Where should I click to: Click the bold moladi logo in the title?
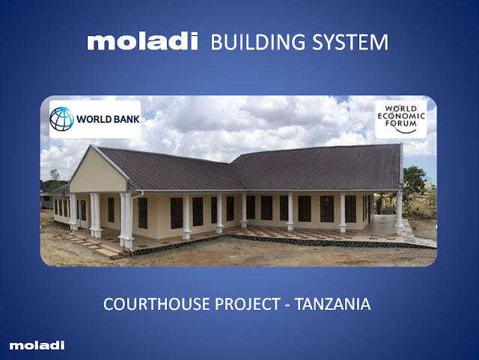(142, 41)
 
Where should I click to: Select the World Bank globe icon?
(61, 119)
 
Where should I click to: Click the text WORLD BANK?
(108, 119)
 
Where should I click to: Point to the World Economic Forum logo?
(401, 119)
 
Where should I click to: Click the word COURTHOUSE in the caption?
(157, 304)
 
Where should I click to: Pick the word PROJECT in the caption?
(248, 304)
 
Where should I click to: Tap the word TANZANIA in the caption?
(332, 304)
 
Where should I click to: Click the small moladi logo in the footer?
(37, 345)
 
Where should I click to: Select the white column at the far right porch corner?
(399, 213)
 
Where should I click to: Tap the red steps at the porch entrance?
(98, 246)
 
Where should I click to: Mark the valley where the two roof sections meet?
(237, 173)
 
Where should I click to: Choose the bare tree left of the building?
(55, 174)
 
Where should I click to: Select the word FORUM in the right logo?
(401, 123)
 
